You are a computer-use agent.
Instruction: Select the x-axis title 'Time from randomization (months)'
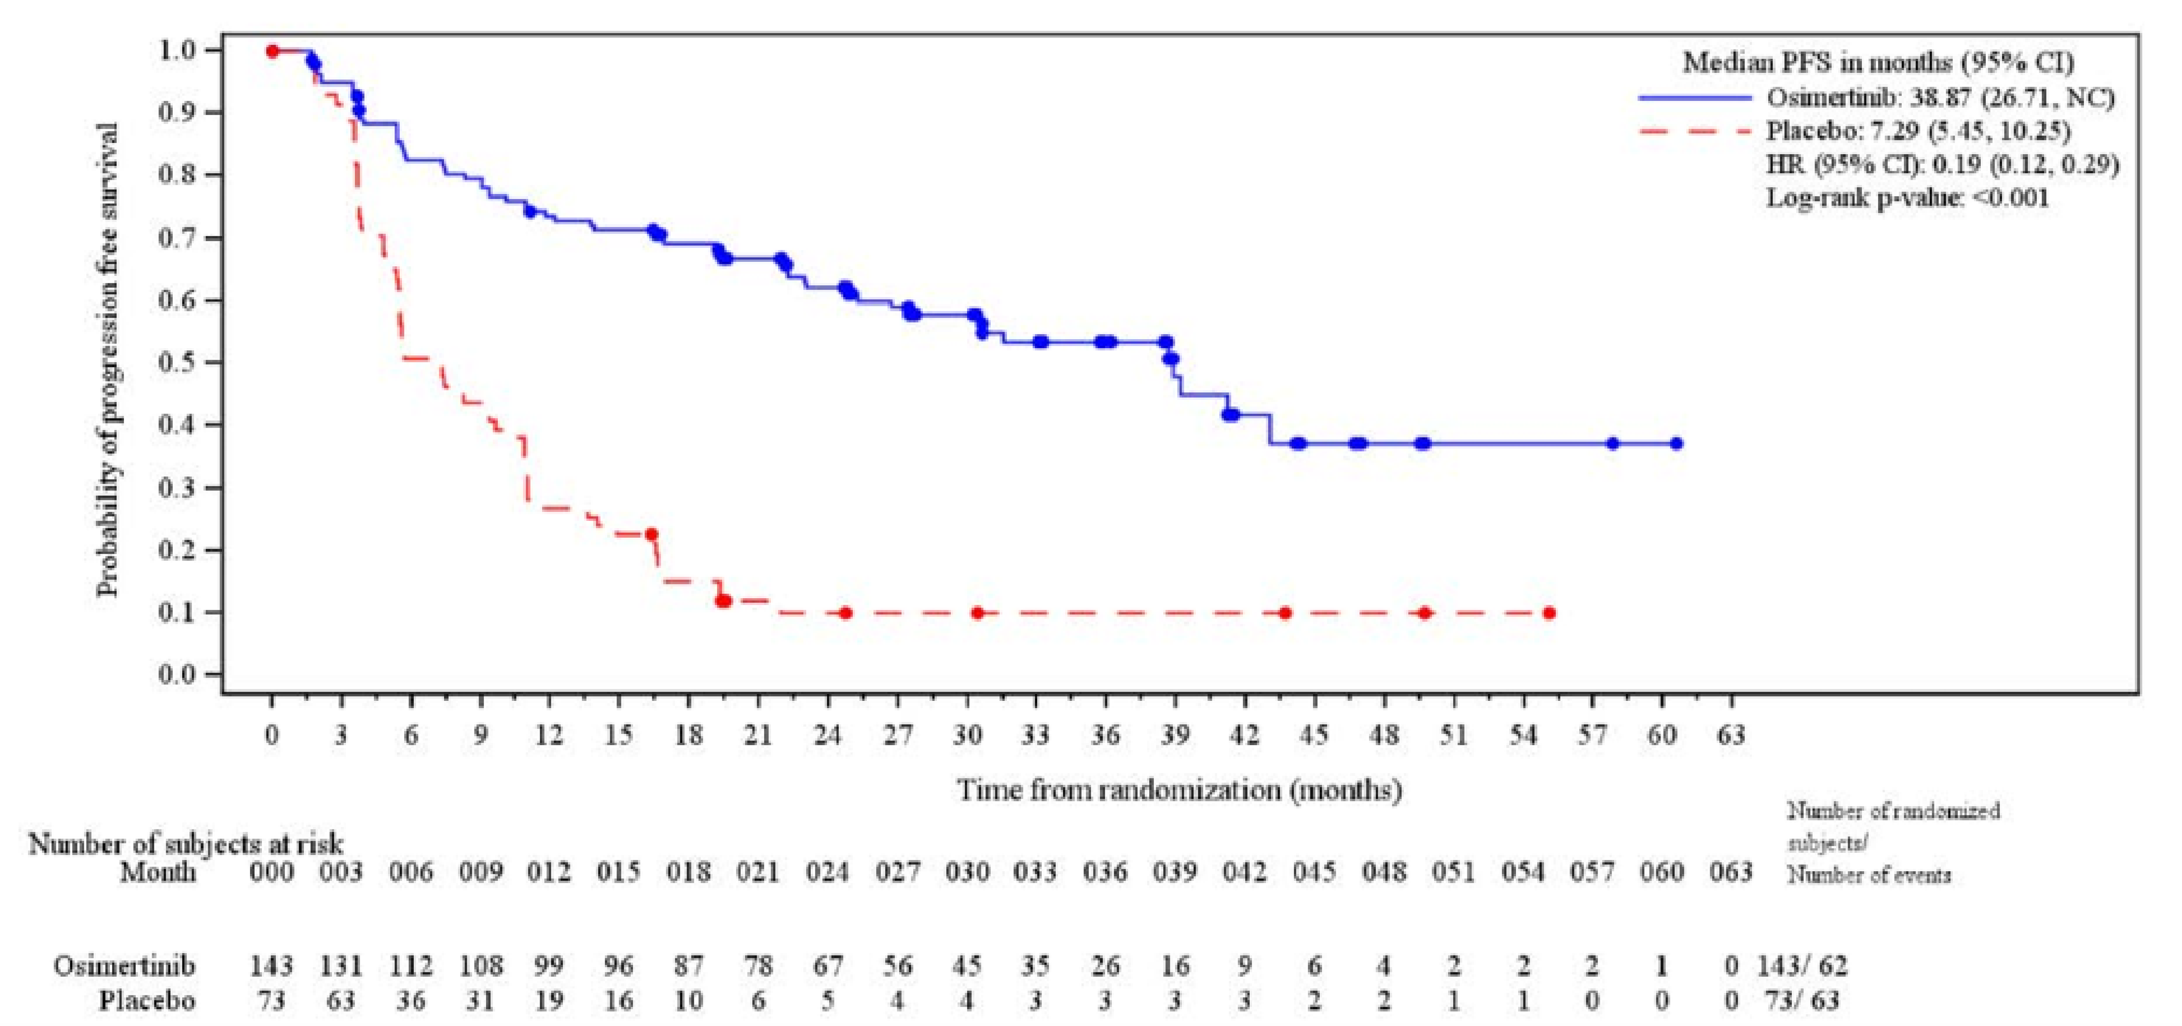(1179, 790)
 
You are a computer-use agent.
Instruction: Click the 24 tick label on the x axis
(828, 735)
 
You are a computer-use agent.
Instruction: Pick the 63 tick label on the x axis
(1731, 735)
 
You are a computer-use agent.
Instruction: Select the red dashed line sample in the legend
(1694, 131)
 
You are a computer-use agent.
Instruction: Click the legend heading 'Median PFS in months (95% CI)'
(1878, 62)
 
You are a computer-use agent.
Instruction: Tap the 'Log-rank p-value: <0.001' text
(1907, 198)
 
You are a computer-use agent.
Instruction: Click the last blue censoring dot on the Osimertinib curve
(1675, 444)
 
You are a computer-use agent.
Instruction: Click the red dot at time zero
(272, 51)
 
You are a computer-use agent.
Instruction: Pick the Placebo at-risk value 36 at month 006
(411, 1000)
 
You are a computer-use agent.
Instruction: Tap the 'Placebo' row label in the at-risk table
(148, 1000)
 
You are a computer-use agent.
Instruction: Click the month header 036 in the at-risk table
(1105, 872)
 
